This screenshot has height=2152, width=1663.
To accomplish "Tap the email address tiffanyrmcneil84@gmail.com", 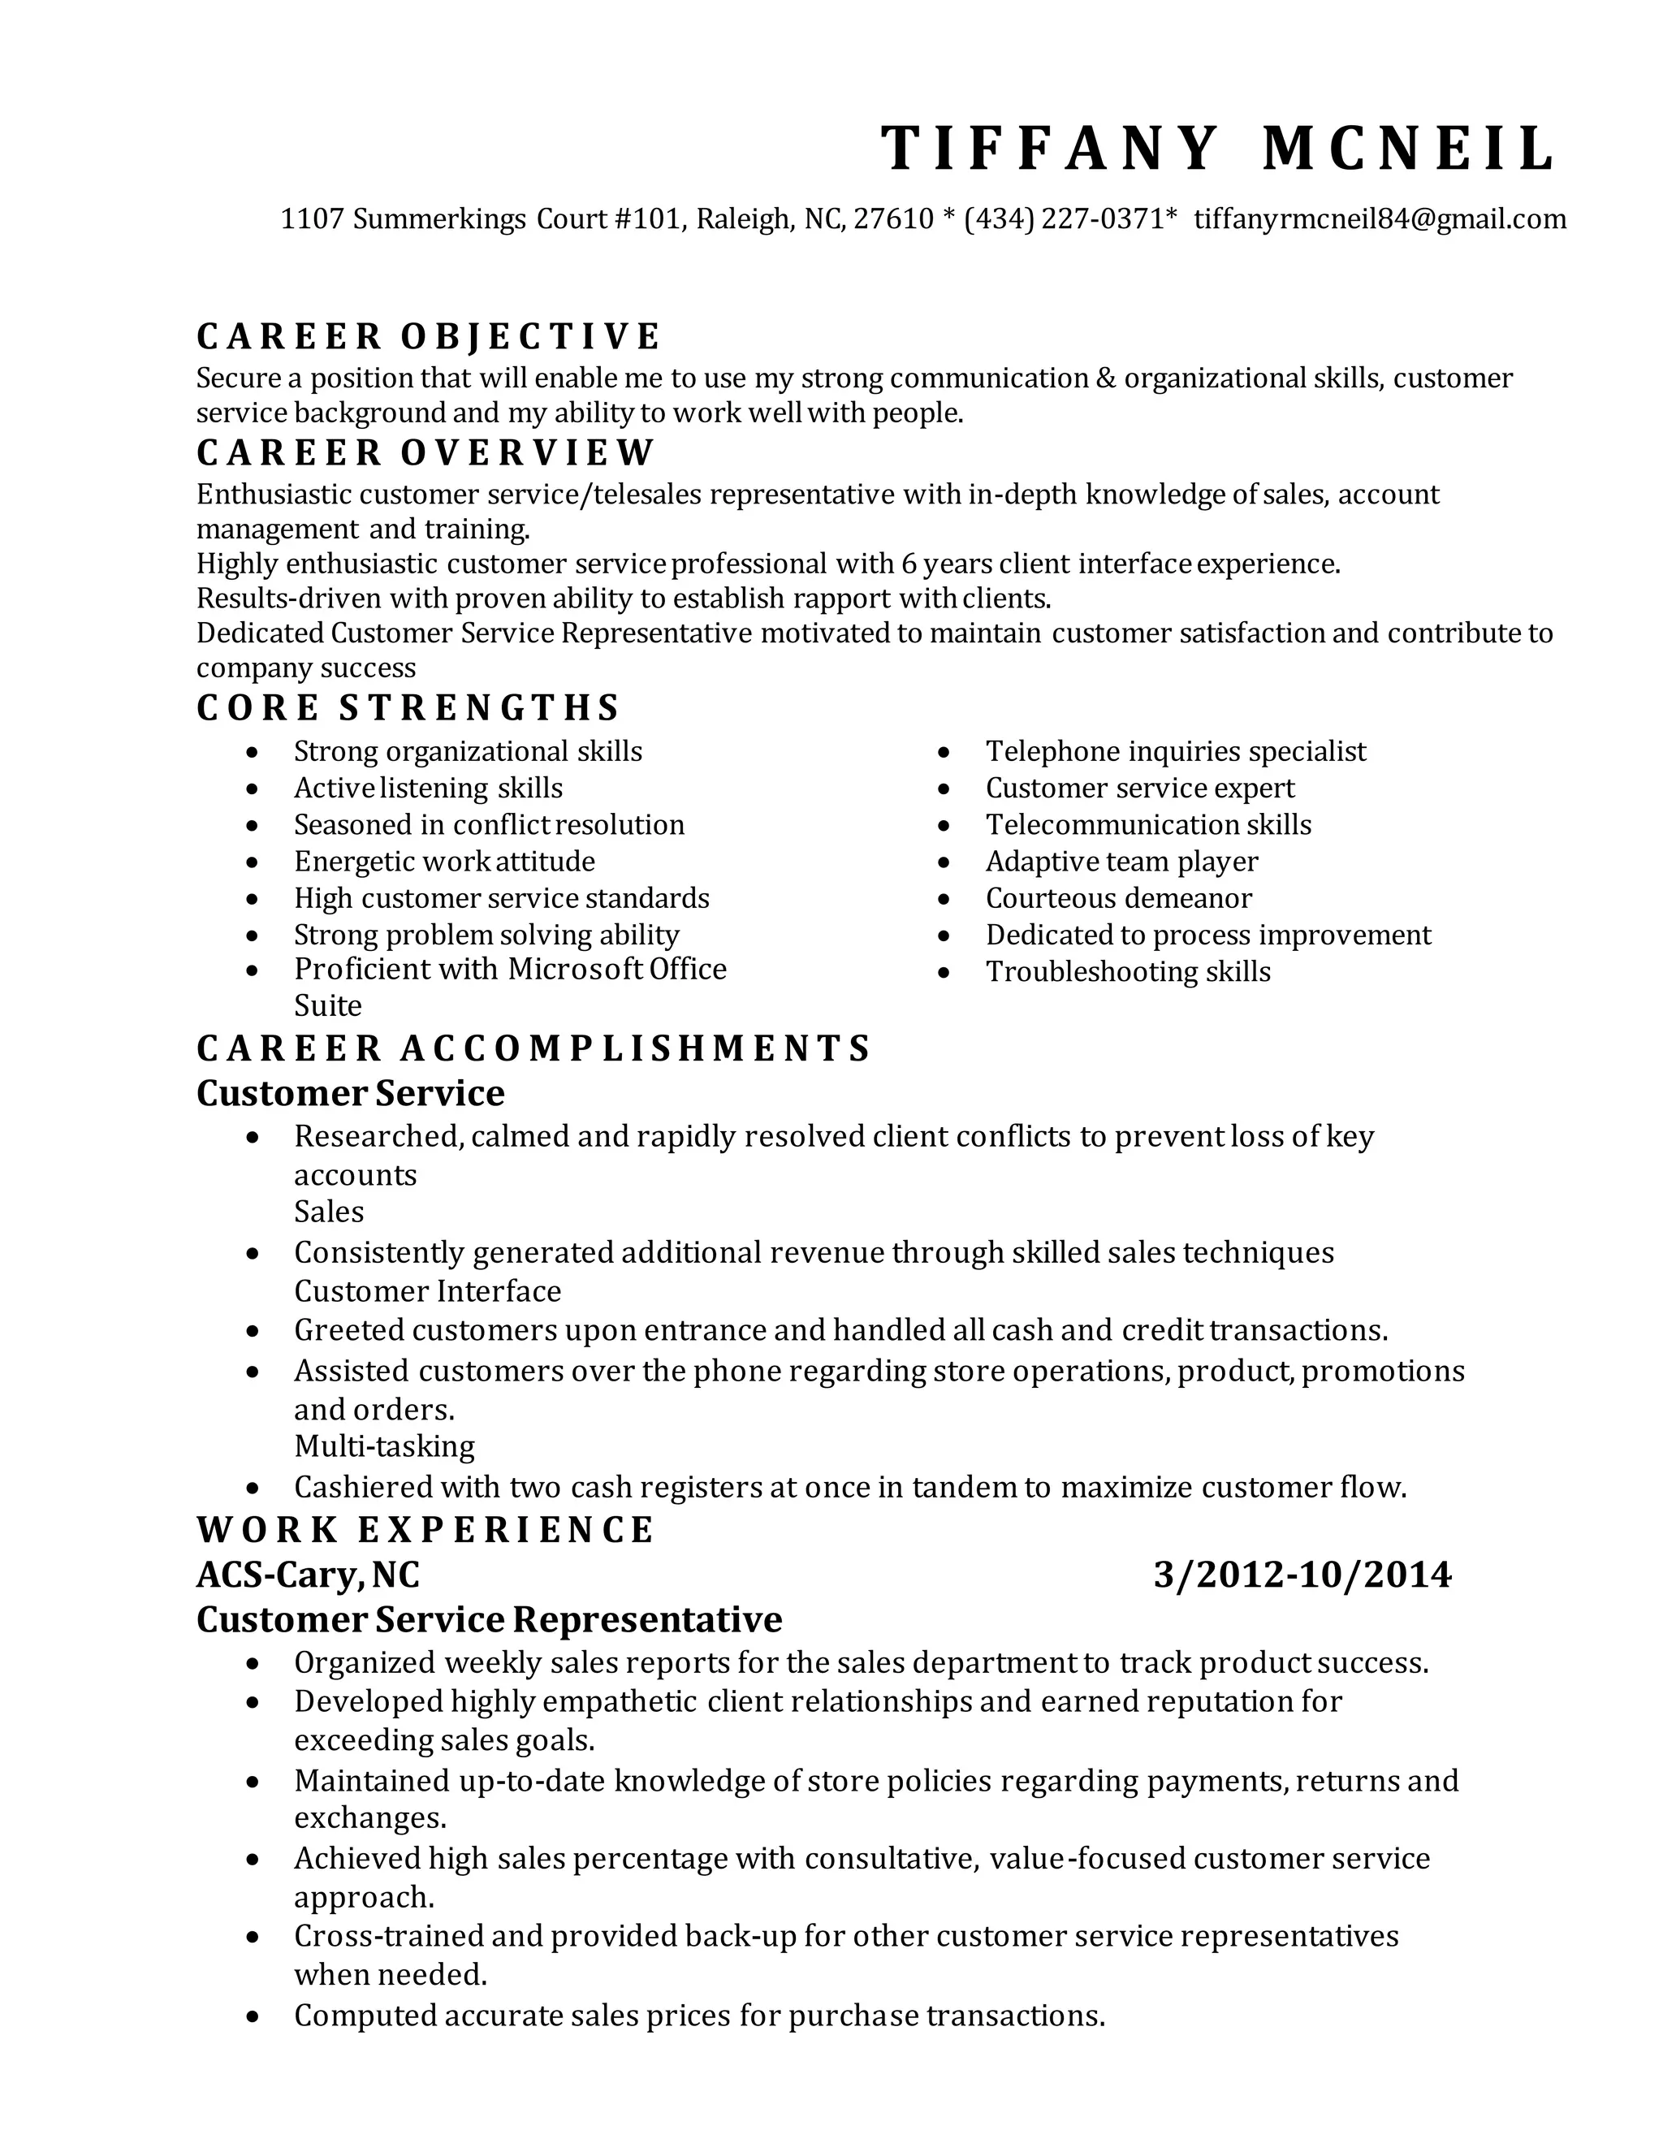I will [x=1380, y=218].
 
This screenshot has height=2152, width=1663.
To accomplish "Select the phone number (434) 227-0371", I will [x=1065, y=218].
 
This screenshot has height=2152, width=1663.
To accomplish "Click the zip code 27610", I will [x=892, y=218].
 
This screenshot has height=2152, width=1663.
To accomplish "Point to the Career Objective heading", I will [x=429, y=337].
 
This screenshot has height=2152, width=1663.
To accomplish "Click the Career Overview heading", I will [x=425, y=453].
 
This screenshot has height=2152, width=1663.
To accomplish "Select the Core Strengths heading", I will [x=408, y=707].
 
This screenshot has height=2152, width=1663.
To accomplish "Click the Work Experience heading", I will [x=425, y=1529].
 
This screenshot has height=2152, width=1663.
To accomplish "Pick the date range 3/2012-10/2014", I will [x=1302, y=1575].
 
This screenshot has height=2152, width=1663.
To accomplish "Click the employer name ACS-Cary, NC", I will [x=308, y=1575].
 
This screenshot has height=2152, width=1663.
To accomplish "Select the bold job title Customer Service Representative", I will [x=489, y=1619].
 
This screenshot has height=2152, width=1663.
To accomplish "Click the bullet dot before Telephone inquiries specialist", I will [x=944, y=753].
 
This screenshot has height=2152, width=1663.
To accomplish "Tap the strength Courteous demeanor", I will [x=1118, y=899].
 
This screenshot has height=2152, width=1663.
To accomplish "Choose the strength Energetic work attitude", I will [x=444, y=862].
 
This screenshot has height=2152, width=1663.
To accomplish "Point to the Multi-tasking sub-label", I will [x=384, y=1446].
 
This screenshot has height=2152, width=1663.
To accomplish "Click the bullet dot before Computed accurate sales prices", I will [x=253, y=2017].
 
